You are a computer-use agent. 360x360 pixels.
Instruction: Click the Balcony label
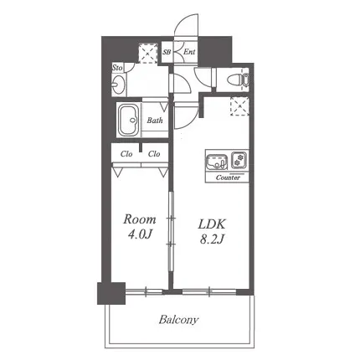(x=178, y=320)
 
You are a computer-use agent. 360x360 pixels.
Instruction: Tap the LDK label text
(x=212, y=224)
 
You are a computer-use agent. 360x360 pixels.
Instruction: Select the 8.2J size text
(x=212, y=239)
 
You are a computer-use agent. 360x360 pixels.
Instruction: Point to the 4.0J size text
(x=140, y=234)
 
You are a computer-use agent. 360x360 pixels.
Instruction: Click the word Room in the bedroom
(x=140, y=219)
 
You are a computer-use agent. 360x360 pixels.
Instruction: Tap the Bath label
(x=155, y=121)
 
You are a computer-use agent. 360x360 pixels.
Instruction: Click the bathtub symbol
(x=129, y=121)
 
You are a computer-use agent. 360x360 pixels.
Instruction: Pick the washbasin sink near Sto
(x=118, y=85)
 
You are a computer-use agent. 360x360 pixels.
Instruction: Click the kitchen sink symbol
(x=217, y=162)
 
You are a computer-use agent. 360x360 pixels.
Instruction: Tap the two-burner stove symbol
(x=239, y=160)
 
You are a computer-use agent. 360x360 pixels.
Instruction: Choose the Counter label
(x=228, y=177)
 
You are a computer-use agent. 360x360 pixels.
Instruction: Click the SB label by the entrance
(x=167, y=52)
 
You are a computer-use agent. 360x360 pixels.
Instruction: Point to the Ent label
(x=189, y=52)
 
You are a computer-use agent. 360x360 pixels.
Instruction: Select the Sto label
(x=117, y=68)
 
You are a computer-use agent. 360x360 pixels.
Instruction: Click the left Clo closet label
(x=126, y=154)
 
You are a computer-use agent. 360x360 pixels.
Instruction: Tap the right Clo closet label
(x=154, y=154)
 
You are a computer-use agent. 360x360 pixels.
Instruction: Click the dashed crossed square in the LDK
(x=239, y=106)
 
